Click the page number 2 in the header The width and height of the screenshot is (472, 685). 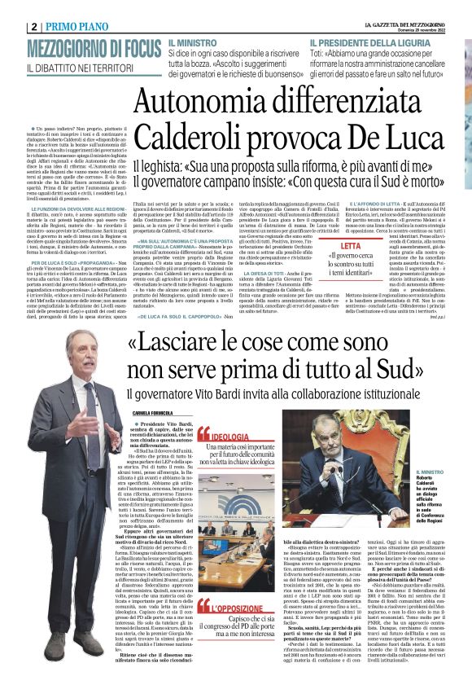tap(33, 26)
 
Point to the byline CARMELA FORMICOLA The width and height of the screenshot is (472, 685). tap(131, 415)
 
